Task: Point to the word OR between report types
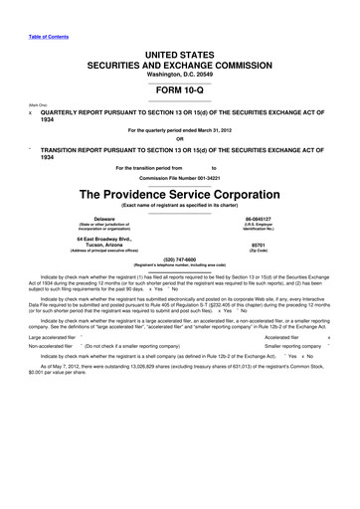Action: tap(179, 138)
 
